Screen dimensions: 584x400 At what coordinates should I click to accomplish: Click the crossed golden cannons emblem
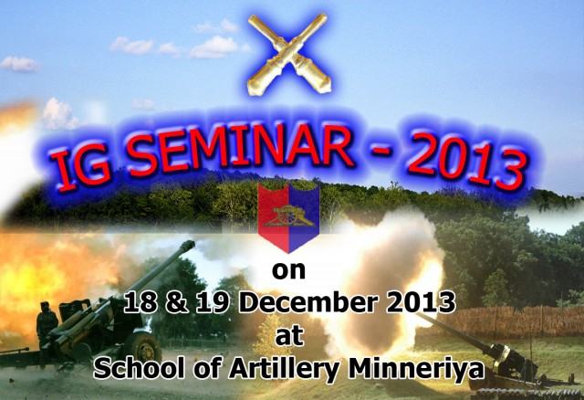pyautogui.click(x=288, y=54)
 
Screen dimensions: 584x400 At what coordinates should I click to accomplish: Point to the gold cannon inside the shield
pyautogui.click(x=288, y=216)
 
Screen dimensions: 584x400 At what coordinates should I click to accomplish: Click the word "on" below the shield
pyautogui.click(x=288, y=270)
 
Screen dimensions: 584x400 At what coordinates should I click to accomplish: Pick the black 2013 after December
pyautogui.click(x=421, y=302)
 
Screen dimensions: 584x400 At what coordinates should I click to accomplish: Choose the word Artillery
pyautogui.click(x=284, y=370)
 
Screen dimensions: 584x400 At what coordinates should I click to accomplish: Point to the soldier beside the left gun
pyautogui.click(x=47, y=323)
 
